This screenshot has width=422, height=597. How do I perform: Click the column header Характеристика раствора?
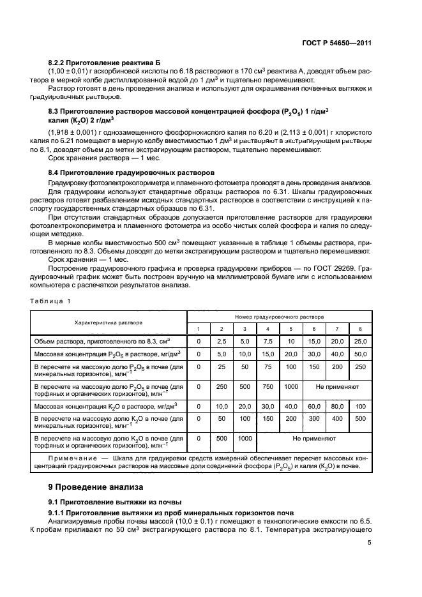click(109, 322)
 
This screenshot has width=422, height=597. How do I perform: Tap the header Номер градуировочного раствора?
click(279, 316)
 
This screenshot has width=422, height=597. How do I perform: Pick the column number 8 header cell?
click(360, 328)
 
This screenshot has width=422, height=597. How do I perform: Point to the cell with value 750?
click(268, 386)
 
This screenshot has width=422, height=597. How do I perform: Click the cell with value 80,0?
click(337, 405)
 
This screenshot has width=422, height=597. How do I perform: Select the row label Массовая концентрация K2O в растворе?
click(105, 405)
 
